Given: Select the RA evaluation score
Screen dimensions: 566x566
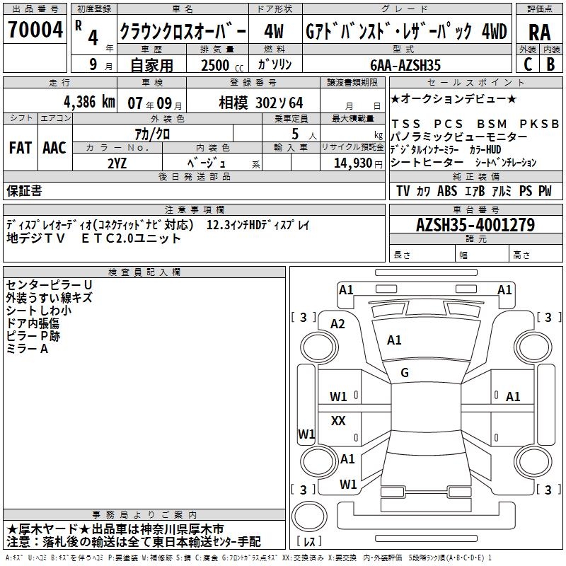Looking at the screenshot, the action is pyautogui.click(x=539, y=32).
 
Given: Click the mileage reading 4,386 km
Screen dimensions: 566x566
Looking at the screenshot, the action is pyautogui.click(x=79, y=101).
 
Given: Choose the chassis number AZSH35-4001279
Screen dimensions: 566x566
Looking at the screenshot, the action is pyautogui.click(x=475, y=225).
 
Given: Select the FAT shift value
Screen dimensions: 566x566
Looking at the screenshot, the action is pyautogui.click(x=21, y=148).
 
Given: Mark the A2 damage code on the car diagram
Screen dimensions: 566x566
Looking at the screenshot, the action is pyautogui.click(x=337, y=323).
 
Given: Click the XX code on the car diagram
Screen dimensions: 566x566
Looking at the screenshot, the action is pyautogui.click(x=338, y=421).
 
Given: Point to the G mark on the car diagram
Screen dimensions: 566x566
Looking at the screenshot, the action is pyautogui.click(x=405, y=372).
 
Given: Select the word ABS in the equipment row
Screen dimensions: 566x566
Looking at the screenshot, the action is pyautogui.click(x=447, y=191).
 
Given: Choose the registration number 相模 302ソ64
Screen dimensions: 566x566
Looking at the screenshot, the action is pyautogui.click(x=260, y=101).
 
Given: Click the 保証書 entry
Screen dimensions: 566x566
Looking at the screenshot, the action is pyautogui.click(x=24, y=191).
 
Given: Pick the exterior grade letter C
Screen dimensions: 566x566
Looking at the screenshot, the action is pyautogui.click(x=527, y=64).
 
